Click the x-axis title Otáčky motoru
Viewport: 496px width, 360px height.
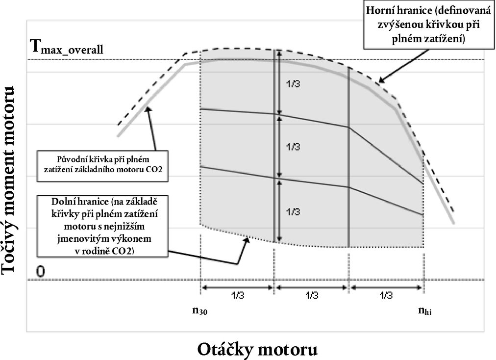258,349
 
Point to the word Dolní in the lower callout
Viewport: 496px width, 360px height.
65,202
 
